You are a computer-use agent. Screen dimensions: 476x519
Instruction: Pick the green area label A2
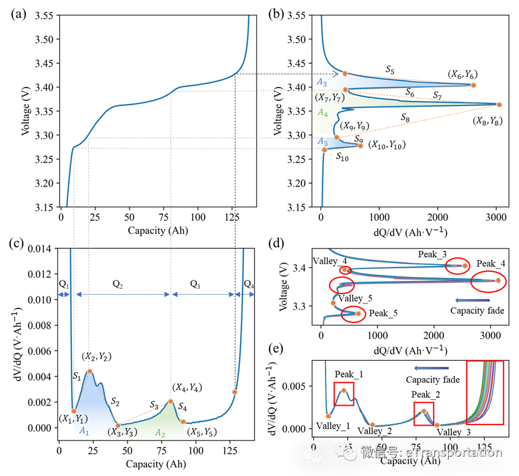160,432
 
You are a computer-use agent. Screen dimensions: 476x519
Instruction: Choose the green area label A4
323,112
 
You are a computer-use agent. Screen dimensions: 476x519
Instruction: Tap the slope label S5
390,70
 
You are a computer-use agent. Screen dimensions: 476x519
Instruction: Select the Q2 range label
118,285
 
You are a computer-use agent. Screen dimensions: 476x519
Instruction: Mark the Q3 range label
195,285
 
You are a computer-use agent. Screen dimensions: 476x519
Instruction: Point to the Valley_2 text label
374,430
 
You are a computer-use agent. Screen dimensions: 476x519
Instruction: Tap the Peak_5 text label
383,313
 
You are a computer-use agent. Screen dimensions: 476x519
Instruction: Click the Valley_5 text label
355,298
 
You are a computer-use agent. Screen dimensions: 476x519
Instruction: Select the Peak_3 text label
432,255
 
